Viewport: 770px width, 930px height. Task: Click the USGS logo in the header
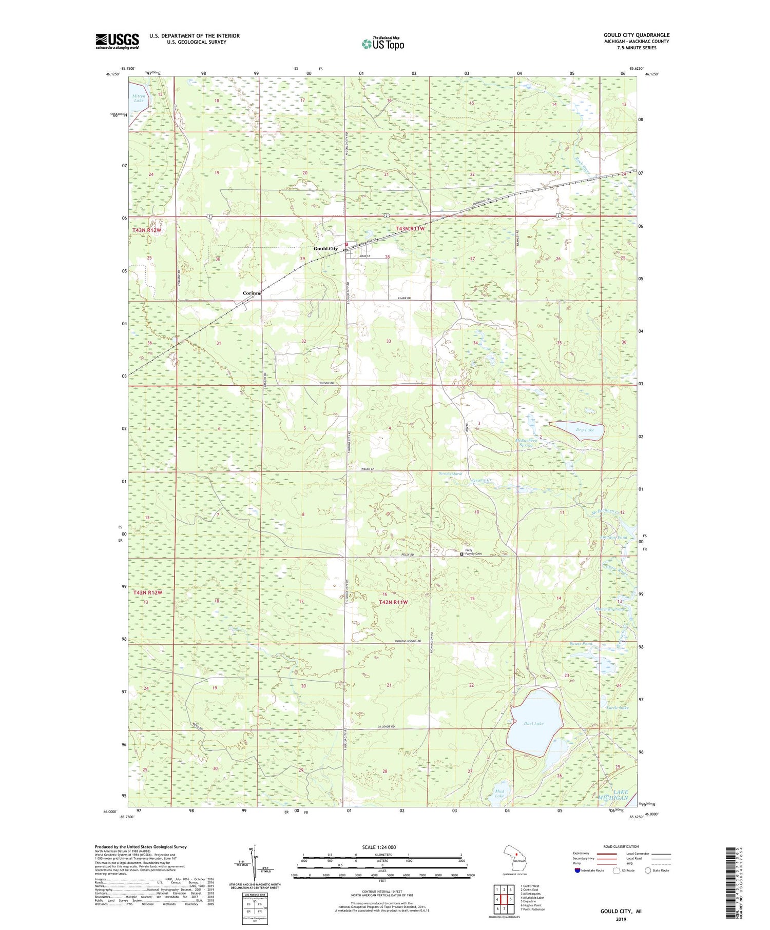pyautogui.click(x=117, y=41)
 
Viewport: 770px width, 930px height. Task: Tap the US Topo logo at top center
pyautogui.click(x=382, y=44)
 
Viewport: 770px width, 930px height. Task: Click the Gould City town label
pyautogui.click(x=326, y=249)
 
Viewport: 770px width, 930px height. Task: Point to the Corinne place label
pyautogui.click(x=252, y=293)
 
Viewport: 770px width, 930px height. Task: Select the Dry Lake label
pyautogui.click(x=585, y=430)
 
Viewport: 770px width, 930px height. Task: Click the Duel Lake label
pyautogui.click(x=533, y=724)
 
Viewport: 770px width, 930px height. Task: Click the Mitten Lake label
pyautogui.click(x=139, y=98)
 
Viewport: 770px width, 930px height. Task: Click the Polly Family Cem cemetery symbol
pyautogui.click(x=461, y=554)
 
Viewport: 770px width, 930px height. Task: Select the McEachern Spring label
pyautogui.click(x=526, y=443)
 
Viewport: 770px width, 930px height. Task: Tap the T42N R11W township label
pyautogui.click(x=393, y=602)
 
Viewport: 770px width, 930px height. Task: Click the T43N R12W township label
pyautogui.click(x=147, y=230)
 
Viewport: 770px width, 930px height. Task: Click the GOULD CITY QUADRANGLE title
pyautogui.click(x=637, y=35)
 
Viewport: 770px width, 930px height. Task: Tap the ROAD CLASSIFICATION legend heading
pyautogui.click(x=621, y=846)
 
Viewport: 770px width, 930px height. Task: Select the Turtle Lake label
pyautogui.click(x=617, y=708)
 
